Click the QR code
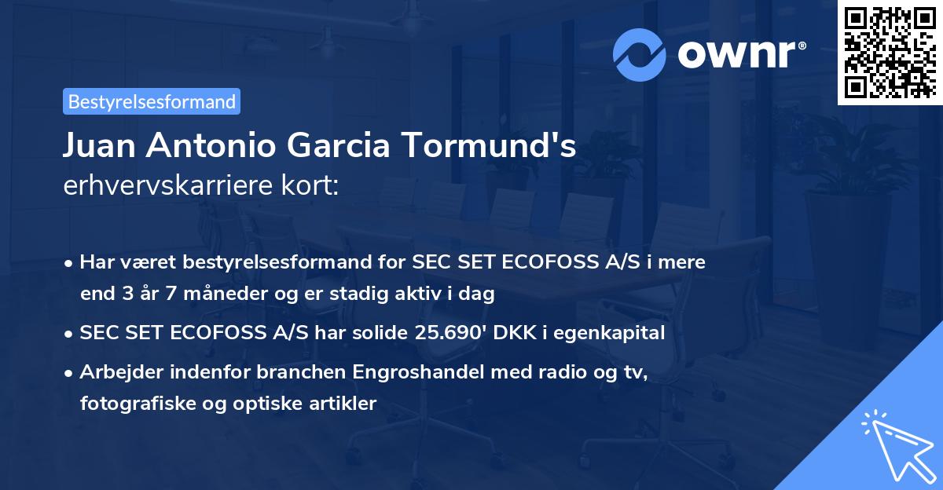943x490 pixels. point(890,53)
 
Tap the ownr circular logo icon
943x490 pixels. point(640,54)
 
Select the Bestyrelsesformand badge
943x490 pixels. point(152,101)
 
